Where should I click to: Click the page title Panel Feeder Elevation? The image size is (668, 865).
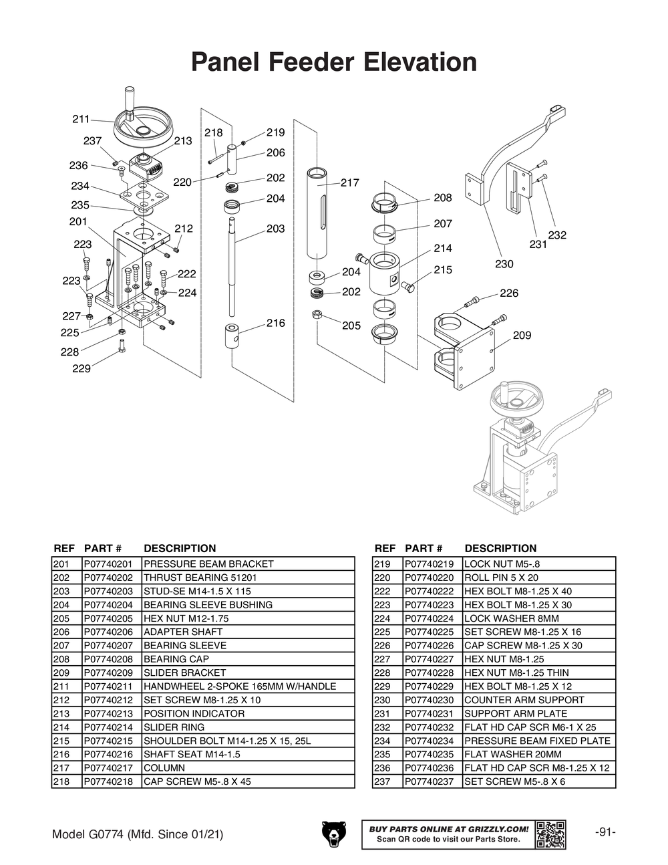[334, 62]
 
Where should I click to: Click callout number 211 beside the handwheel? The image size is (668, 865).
[81, 120]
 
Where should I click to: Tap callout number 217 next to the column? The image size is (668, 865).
[349, 182]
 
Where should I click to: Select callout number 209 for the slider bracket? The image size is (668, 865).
[522, 335]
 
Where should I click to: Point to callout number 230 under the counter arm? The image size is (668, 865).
[504, 264]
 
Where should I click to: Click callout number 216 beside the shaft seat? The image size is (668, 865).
[275, 323]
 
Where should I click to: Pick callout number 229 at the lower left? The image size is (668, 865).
[81, 368]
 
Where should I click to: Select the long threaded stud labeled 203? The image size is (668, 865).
[232, 267]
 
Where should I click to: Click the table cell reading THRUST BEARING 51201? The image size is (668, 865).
[200, 578]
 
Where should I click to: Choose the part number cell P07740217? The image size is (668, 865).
[112, 768]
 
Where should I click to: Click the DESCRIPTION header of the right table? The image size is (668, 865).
[500, 548]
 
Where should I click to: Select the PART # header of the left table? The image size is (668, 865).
[103, 548]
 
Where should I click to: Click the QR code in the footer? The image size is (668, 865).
[550, 834]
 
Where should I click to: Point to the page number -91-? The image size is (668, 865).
[605, 832]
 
